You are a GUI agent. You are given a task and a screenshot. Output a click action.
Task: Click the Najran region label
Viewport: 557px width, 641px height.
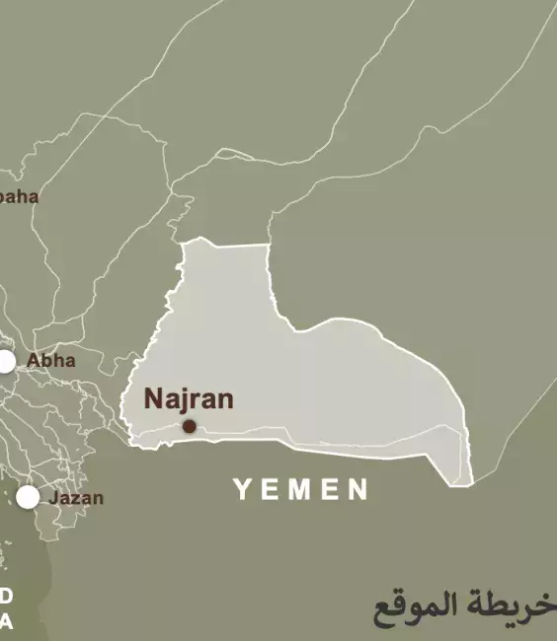click(189, 399)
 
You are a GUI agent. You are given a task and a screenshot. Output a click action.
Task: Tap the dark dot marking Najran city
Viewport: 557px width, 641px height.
click(189, 427)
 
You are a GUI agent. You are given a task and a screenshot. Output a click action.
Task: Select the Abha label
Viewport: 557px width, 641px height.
click(51, 361)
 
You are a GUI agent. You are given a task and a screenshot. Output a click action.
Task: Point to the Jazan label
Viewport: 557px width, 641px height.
click(76, 498)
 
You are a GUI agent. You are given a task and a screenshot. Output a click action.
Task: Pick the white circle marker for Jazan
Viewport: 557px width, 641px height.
click(28, 497)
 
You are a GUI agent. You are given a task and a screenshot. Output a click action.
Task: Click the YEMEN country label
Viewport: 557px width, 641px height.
click(301, 488)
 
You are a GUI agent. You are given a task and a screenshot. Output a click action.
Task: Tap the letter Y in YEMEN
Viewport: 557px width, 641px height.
click(243, 488)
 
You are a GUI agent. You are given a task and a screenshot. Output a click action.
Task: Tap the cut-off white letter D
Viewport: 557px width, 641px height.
click(6, 596)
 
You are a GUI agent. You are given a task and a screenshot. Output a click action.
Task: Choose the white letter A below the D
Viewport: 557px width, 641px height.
click(6, 621)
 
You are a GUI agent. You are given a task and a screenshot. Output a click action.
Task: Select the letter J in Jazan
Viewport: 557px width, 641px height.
click(53, 498)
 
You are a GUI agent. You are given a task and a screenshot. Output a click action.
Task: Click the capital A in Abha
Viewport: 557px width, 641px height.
click(33, 361)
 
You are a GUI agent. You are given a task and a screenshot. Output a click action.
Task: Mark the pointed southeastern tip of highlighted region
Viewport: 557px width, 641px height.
click(470, 483)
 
